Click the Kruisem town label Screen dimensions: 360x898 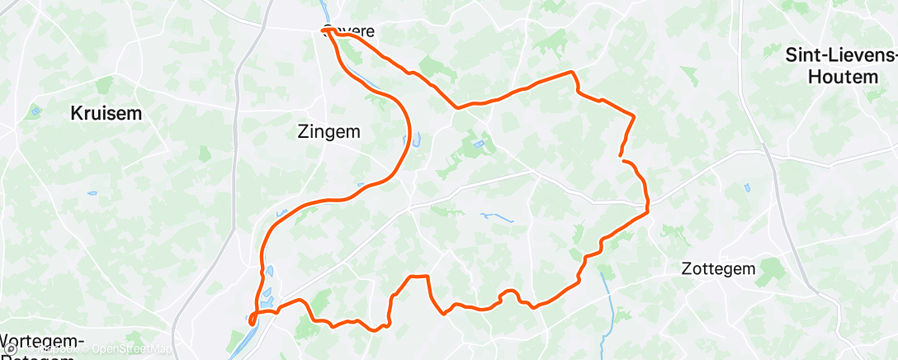[105, 113]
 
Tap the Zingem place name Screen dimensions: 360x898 [328, 131]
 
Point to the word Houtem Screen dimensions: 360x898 [842, 77]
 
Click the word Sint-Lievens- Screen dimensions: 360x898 [841, 56]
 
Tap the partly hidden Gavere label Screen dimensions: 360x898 [350, 32]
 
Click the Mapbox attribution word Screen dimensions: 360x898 [56, 350]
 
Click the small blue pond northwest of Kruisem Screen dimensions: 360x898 [35, 110]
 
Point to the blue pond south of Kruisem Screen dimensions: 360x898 [91, 194]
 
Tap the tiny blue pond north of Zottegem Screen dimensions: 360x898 [747, 187]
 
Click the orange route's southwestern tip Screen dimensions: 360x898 [251, 320]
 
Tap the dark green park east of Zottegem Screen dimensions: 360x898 [774, 268]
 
